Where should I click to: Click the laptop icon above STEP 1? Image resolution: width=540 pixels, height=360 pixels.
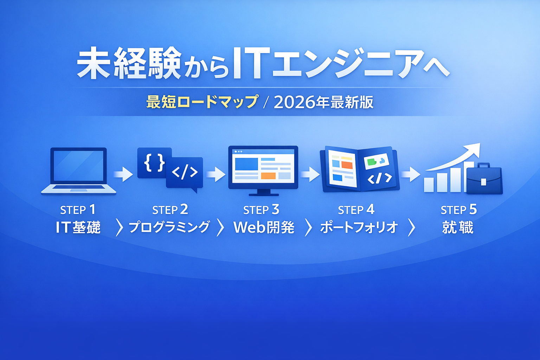click(x=79, y=171)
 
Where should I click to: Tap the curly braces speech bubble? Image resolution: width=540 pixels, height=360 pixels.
click(x=154, y=162)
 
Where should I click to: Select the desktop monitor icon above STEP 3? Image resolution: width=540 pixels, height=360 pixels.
click(x=263, y=171)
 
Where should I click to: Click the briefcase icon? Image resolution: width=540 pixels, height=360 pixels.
click(x=484, y=179)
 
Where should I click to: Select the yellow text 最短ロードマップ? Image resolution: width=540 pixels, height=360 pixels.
click(x=202, y=102)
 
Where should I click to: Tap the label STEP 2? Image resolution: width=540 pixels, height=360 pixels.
click(x=170, y=210)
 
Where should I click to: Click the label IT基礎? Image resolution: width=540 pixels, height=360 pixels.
click(x=78, y=227)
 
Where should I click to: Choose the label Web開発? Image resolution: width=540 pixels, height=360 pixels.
click(x=264, y=227)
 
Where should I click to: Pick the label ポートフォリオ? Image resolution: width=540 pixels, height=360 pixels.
click(x=359, y=227)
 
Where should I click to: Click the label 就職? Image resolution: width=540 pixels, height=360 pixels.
click(x=458, y=227)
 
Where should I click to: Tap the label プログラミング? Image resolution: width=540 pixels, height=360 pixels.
click(x=169, y=227)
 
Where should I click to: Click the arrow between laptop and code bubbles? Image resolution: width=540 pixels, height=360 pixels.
click(x=123, y=174)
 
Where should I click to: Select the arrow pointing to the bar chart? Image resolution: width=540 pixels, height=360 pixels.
click(x=411, y=174)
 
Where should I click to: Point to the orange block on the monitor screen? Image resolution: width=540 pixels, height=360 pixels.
click(x=268, y=176)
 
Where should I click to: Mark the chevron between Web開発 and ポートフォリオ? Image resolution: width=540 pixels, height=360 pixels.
click(x=309, y=227)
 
